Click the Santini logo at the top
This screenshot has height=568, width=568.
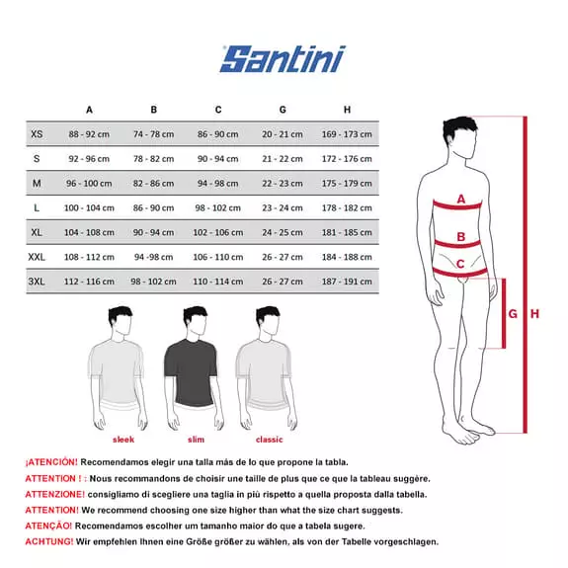(x=283, y=58)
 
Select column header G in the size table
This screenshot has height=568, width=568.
(x=283, y=110)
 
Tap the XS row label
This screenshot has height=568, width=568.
(x=37, y=133)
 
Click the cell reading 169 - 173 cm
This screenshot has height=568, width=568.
(x=347, y=133)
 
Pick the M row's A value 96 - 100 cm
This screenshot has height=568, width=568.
(x=89, y=183)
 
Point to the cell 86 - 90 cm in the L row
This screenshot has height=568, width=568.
(x=154, y=207)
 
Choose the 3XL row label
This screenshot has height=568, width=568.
(x=37, y=282)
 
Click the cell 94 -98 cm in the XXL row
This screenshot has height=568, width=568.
(x=154, y=257)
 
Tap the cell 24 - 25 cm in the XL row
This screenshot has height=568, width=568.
(x=283, y=232)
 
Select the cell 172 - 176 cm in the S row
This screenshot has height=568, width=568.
(x=347, y=158)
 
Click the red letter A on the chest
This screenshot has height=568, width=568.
(x=460, y=199)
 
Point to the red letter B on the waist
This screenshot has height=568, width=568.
(x=460, y=237)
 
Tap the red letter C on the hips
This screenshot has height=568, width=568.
(x=460, y=264)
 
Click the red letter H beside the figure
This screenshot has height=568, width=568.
(x=534, y=314)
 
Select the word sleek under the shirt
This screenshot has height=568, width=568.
(x=123, y=440)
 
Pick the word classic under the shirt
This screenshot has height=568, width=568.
(x=269, y=440)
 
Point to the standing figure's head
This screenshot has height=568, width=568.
(x=456, y=134)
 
